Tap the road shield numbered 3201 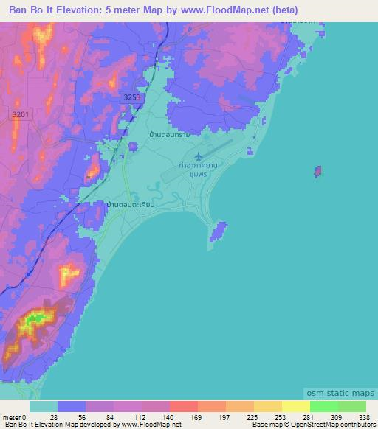coord(22,114)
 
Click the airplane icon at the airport coord(199,156)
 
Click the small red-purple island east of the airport coord(317,172)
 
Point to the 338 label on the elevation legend coord(364,416)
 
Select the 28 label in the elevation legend coord(55,416)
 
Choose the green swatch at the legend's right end coord(351,406)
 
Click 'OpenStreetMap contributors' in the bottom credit coord(332,425)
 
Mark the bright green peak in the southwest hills coord(37,318)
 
